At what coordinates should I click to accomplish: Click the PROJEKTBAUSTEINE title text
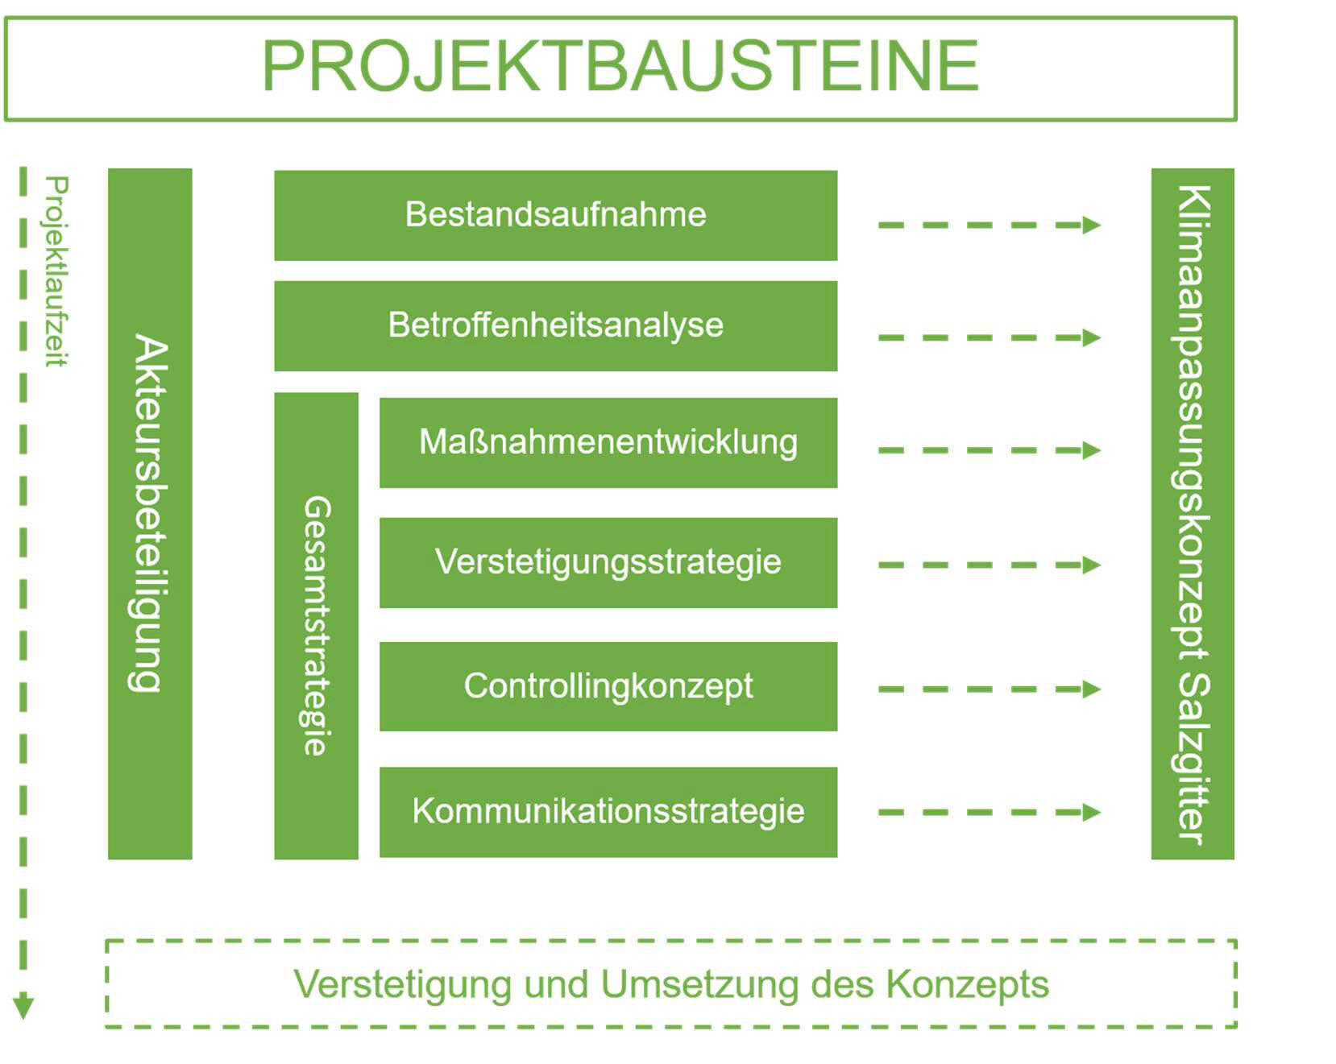pos(620,67)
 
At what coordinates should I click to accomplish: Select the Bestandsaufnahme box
pos(555,215)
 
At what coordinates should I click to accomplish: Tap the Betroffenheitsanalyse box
pos(555,325)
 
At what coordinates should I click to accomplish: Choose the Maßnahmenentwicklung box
pos(608,442)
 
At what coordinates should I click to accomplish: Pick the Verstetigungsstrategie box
pos(608,562)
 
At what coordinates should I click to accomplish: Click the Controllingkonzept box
pos(608,686)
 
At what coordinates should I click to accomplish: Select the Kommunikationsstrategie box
pos(608,811)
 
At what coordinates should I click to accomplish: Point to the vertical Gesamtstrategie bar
pos(316,626)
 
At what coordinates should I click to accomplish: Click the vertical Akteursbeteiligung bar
pos(150,513)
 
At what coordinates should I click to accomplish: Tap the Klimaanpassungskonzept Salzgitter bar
pos(1192,513)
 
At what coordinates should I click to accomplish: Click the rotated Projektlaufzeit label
pos(56,271)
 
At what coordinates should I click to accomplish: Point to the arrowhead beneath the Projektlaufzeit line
pos(23,1007)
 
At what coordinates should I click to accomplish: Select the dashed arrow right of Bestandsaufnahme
pos(989,225)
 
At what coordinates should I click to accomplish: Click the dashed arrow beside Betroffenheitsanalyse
pos(989,337)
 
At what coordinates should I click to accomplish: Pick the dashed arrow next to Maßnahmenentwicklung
pos(989,450)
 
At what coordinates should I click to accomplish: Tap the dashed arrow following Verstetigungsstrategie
pos(989,565)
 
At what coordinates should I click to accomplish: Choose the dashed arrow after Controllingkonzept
pos(989,689)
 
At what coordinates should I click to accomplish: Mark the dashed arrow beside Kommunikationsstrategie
pos(989,812)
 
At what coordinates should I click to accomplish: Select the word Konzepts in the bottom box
pos(967,984)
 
